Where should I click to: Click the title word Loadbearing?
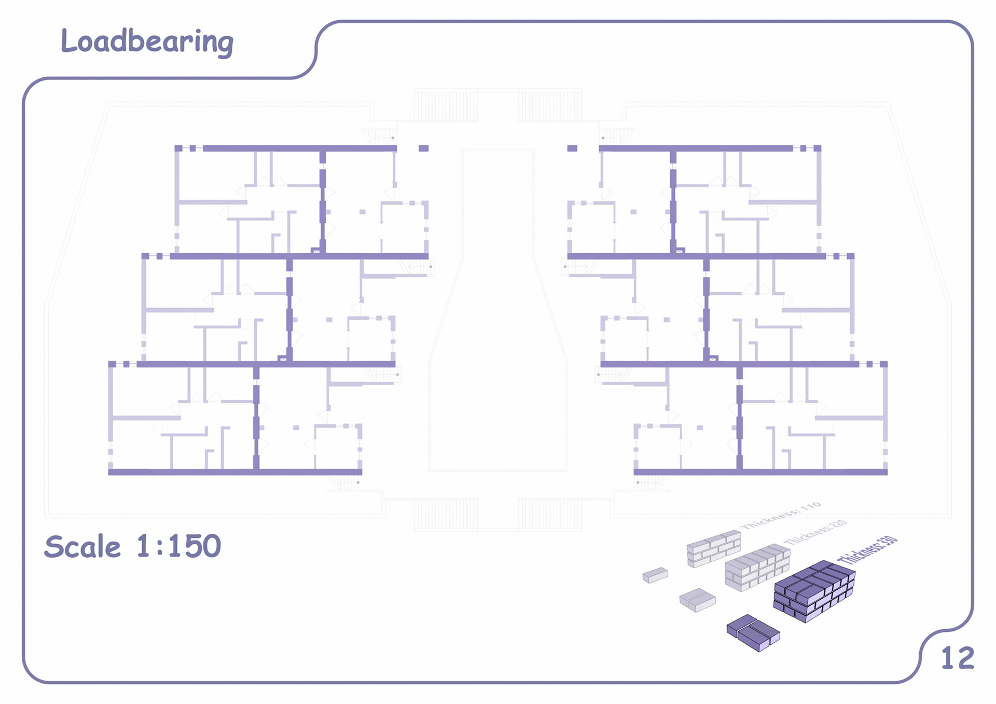click(x=147, y=42)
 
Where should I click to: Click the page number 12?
click(x=957, y=658)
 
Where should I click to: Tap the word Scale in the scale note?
click(x=82, y=547)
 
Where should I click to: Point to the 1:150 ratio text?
click(x=179, y=546)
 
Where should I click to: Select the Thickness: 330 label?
click(x=867, y=550)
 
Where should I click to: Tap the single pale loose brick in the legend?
click(x=655, y=575)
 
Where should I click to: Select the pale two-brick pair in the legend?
click(x=697, y=600)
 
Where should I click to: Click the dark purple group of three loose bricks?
click(x=753, y=632)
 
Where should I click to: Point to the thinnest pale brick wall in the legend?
click(x=714, y=548)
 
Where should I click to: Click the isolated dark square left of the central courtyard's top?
click(x=423, y=148)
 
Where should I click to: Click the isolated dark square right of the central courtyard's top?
click(x=572, y=148)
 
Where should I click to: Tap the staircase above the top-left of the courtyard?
click(x=446, y=106)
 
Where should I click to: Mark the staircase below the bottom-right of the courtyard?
click(x=550, y=515)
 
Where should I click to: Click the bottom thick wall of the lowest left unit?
click(x=235, y=472)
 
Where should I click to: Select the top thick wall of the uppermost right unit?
click(x=695, y=148)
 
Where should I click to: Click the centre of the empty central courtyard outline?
click(x=498, y=311)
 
